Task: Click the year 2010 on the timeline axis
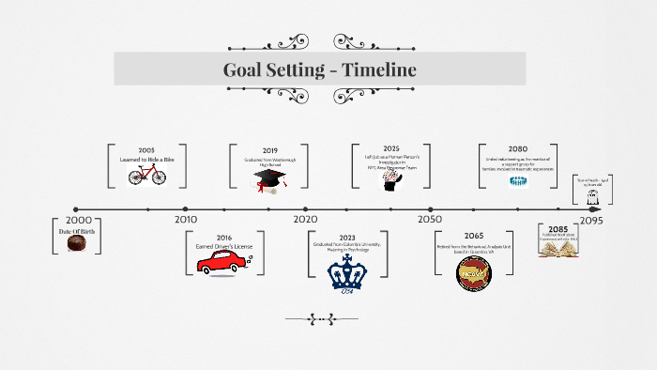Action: (186, 220)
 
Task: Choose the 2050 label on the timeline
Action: (430, 220)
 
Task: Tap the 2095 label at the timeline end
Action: (590, 220)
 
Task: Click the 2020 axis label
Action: (306, 220)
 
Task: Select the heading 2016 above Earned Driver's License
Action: (224, 238)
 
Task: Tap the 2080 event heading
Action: (518, 149)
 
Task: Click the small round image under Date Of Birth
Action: (77, 243)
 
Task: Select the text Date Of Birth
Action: (77, 230)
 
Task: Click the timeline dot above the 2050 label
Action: (430, 209)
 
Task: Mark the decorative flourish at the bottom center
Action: (321, 319)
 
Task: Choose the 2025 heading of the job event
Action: (391, 148)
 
